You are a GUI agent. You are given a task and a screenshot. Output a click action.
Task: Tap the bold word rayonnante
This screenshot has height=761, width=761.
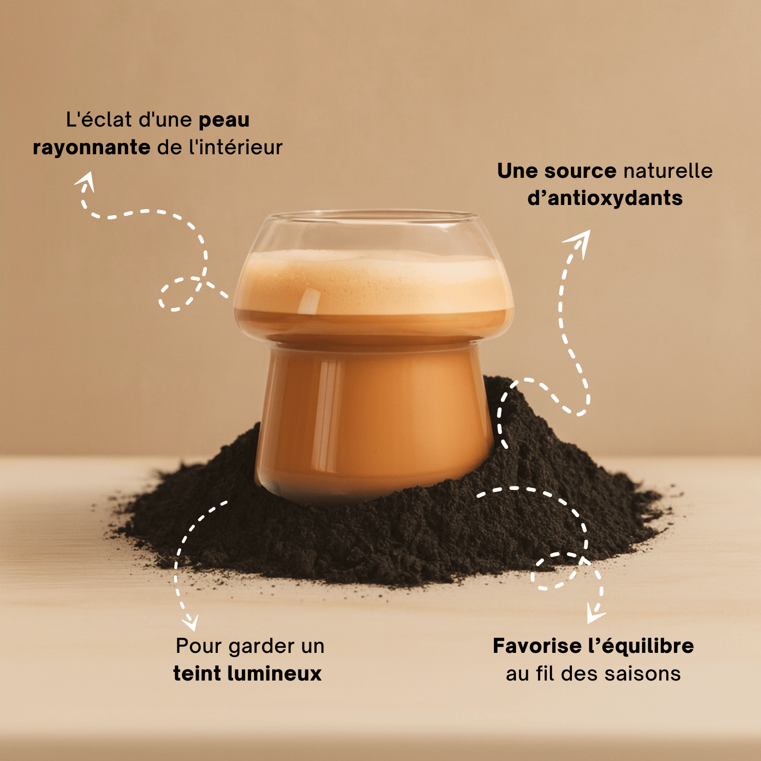tap(91, 148)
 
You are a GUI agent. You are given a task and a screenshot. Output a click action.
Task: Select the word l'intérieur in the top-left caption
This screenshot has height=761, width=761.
tap(236, 148)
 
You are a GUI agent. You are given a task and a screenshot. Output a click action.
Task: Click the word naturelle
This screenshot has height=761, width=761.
tap(668, 171)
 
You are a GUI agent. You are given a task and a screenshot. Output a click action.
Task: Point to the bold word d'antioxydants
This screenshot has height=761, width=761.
tap(605, 198)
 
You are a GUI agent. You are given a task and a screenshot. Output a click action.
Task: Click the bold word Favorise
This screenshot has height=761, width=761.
tap(537, 646)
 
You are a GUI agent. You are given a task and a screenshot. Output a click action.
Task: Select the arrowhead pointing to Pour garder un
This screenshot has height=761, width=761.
tap(191, 622)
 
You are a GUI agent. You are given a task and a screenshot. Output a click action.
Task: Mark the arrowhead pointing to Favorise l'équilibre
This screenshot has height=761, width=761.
tap(594, 614)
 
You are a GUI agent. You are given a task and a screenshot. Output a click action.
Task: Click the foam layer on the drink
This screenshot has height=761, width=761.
tap(374, 282)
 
